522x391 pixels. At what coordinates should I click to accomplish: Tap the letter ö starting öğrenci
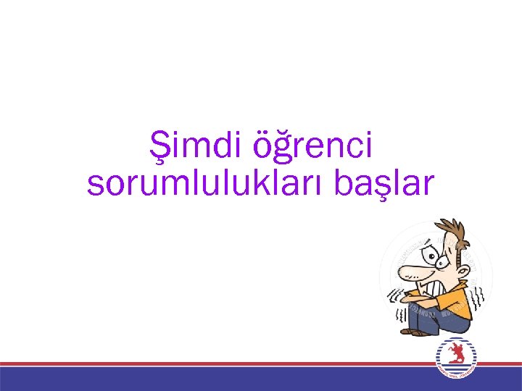[265, 146]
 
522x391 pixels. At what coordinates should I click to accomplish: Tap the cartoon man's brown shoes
[416, 332]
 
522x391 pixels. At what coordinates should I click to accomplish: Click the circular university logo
[455, 358]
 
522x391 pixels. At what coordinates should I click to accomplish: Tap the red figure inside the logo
[455, 356]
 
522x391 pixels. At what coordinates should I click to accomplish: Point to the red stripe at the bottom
[217, 363]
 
